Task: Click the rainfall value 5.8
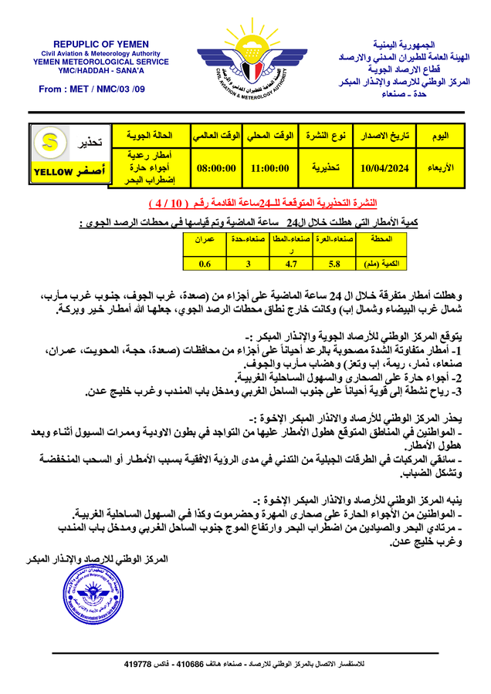pos(334,264)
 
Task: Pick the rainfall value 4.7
pos(291,264)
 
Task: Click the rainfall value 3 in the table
pos(247,264)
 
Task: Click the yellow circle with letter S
pos(50,142)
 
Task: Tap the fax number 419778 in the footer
pos(138,663)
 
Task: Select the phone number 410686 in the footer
pos(191,663)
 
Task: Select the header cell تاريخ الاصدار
pos(383,136)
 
